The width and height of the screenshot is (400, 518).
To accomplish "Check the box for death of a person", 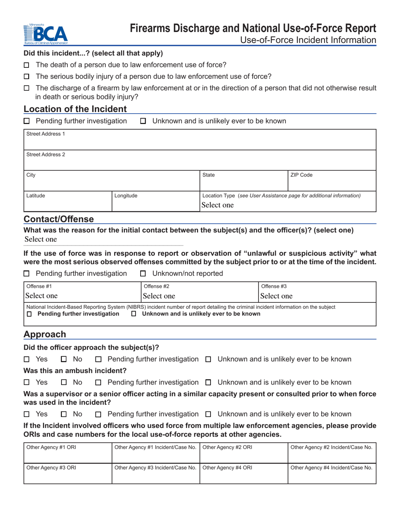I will coord(27,65).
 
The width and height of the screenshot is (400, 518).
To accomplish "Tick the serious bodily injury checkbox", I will coord(27,77).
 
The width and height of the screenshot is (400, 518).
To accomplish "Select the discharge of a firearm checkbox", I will coord(27,88).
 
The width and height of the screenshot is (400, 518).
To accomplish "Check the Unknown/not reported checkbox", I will coord(143,274).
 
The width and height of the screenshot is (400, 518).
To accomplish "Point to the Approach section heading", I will coord(45,334).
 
